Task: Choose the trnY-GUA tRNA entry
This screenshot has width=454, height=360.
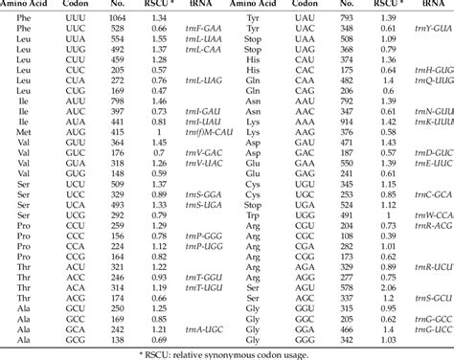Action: pos(431,32)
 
